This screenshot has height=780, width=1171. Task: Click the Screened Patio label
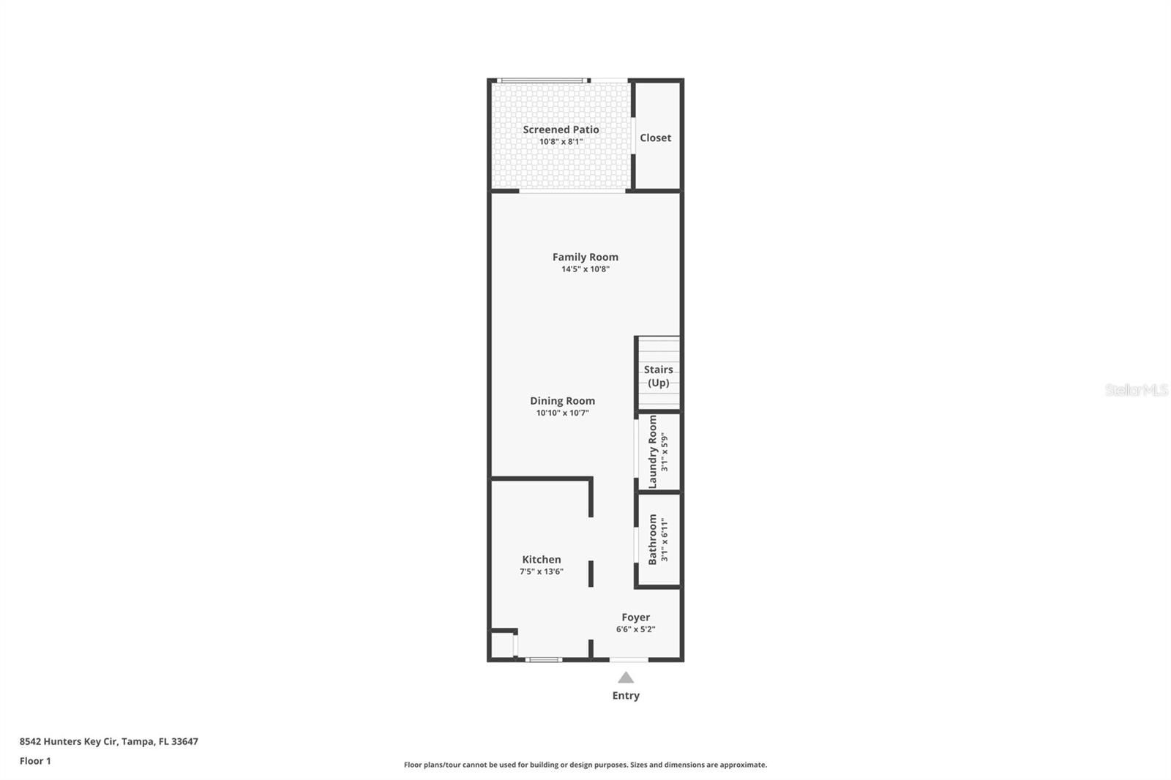point(561,130)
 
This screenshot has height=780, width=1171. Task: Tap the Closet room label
point(655,138)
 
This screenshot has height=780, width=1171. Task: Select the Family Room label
point(585,257)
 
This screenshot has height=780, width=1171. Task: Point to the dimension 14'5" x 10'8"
point(585,269)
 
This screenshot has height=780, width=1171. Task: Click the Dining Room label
point(562,401)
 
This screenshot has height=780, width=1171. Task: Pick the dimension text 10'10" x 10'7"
point(562,413)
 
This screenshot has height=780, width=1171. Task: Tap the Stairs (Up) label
point(658,376)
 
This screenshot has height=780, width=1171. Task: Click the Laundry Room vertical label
point(653,451)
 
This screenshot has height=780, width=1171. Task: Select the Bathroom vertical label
point(653,539)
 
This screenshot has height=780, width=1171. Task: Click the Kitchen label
point(541,560)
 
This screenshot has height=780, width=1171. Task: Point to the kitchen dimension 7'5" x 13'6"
point(541,572)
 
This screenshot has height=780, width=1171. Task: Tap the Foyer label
point(635,618)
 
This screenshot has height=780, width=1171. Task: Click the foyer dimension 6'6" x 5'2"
point(635,629)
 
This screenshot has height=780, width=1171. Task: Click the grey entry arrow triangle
point(626,678)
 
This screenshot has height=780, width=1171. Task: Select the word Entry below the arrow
point(626,696)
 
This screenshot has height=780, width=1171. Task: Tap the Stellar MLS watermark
point(1136,390)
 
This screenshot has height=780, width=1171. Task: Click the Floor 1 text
point(35,761)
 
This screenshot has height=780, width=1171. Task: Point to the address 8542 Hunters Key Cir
point(108,741)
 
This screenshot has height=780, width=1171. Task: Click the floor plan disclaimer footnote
point(585,765)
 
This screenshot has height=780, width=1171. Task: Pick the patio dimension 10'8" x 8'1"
point(561,142)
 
